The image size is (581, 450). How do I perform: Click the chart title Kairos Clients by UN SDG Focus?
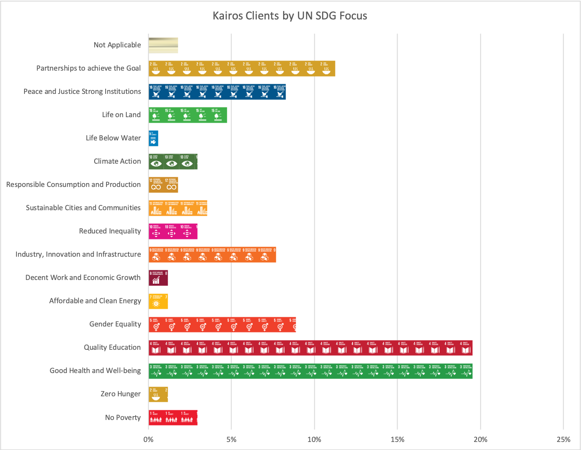coord(290,16)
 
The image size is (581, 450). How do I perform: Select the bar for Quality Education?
coord(310,348)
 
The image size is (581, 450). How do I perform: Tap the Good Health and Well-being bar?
coord(310,371)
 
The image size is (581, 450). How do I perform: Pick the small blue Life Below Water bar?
coord(153,138)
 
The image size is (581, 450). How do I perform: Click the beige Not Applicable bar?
coord(163,45)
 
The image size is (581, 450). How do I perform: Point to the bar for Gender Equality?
coord(222,324)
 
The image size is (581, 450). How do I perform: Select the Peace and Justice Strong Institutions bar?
coord(217,92)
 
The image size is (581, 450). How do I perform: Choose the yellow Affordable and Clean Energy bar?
coord(158,301)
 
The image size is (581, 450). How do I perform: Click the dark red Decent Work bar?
coord(158,278)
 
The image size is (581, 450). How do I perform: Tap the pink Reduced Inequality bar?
coord(173,231)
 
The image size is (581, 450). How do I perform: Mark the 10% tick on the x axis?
coord(314,439)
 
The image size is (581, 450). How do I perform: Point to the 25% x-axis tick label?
coord(563,439)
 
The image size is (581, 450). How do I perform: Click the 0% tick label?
coord(148,439)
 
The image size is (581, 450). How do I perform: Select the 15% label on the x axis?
coord(397,439)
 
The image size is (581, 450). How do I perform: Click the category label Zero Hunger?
coord(120,394)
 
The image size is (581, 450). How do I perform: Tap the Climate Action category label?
coord(117,161)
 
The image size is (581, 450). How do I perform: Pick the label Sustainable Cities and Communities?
coord(83,208)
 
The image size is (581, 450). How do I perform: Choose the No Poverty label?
coord(123,417)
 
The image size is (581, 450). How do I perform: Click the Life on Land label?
coord(121,115)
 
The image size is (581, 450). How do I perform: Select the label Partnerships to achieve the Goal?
coord(88,68)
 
